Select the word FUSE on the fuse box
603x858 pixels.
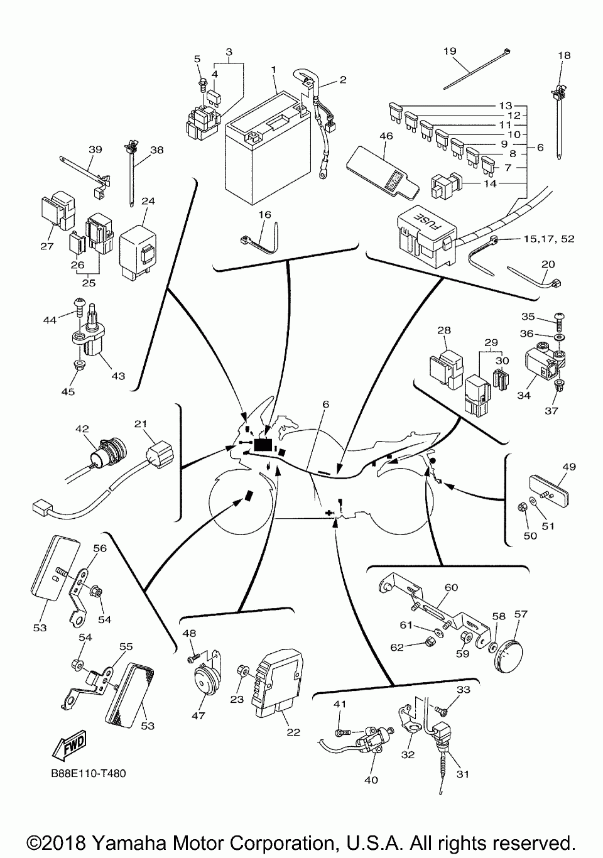pos(420,222)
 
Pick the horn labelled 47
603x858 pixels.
pos(203,682)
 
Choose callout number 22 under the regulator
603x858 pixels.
pos(293,732)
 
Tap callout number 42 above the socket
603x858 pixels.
pos(82,430)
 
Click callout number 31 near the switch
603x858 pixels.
pos(462,774)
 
